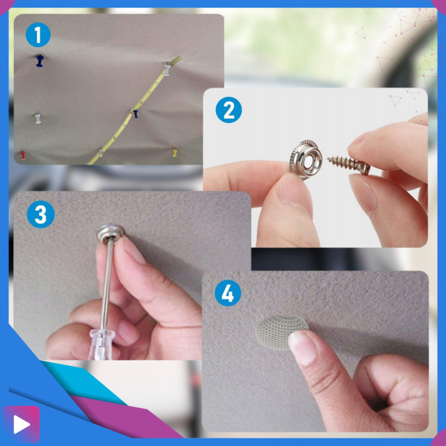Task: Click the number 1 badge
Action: coord(38,35)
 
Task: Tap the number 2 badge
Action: coord(229,110)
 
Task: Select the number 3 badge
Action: coord(40,214)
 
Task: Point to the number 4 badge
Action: coord(227,293)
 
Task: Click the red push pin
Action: coord(22,155)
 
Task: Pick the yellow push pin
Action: coord(175,153)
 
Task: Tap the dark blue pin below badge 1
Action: coord(40,61)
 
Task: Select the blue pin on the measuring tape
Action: coord(135,113)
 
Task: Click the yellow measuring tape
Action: coord(134,111)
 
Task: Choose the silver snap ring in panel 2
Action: coord(306,160)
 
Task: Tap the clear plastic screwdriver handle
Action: coord(101,344)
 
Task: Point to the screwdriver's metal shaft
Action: coord(106,285)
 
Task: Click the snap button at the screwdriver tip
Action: coord(110,233)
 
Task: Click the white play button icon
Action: coord(21,424)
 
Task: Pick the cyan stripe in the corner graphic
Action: coord(83,381)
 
